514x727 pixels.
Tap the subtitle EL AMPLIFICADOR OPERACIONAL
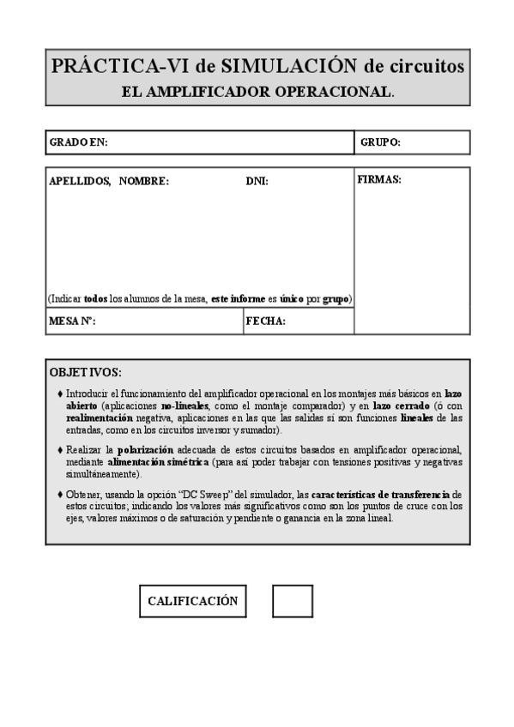pos(257,91)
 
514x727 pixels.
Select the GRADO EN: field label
pos(78,142)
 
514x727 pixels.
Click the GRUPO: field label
pos(380,142)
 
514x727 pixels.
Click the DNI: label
pos(257,181)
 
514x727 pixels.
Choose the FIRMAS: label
pos(378,180)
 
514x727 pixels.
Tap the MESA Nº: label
pos(72,321)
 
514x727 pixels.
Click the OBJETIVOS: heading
pos(86,372)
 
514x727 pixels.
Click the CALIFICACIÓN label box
pos(192,601)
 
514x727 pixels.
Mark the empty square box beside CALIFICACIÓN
pos(292,601)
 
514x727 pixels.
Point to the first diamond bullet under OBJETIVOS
pos(59,393)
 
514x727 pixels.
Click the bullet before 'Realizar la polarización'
pos(59,450)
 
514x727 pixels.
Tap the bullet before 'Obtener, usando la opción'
pos(59,495)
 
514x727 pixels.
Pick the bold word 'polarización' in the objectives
pos(145,450)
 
